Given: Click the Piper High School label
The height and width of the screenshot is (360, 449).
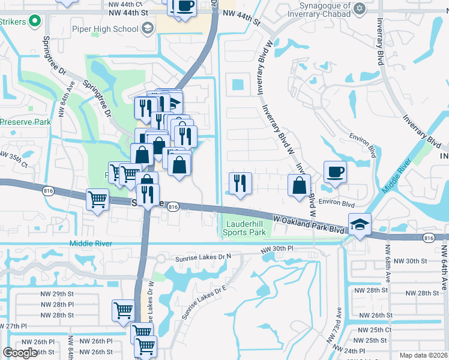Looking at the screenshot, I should [x=105, y=28].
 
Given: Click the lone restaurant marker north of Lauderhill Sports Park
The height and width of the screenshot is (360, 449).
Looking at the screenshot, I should [x=240, y=184].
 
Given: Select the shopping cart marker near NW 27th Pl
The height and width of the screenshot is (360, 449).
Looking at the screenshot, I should [x=123, y=311].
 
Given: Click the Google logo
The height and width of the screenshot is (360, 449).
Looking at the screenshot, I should [x=20, y=353].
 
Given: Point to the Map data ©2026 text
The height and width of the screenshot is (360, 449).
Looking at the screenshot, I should [x=423, y=355].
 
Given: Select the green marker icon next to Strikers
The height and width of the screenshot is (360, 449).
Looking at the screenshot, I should [x=35, y=22].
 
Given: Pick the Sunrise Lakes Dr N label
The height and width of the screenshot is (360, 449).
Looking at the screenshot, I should [x=203, y=258].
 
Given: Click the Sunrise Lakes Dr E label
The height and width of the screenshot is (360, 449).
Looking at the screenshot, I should [x=208, y=296].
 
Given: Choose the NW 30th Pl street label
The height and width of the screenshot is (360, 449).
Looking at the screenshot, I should [x=277, y=248].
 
